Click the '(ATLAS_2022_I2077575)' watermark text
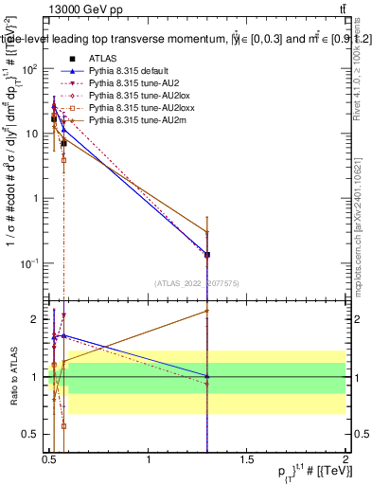196,282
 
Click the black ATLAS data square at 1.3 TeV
206,255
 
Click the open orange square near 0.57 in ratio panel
63,426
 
